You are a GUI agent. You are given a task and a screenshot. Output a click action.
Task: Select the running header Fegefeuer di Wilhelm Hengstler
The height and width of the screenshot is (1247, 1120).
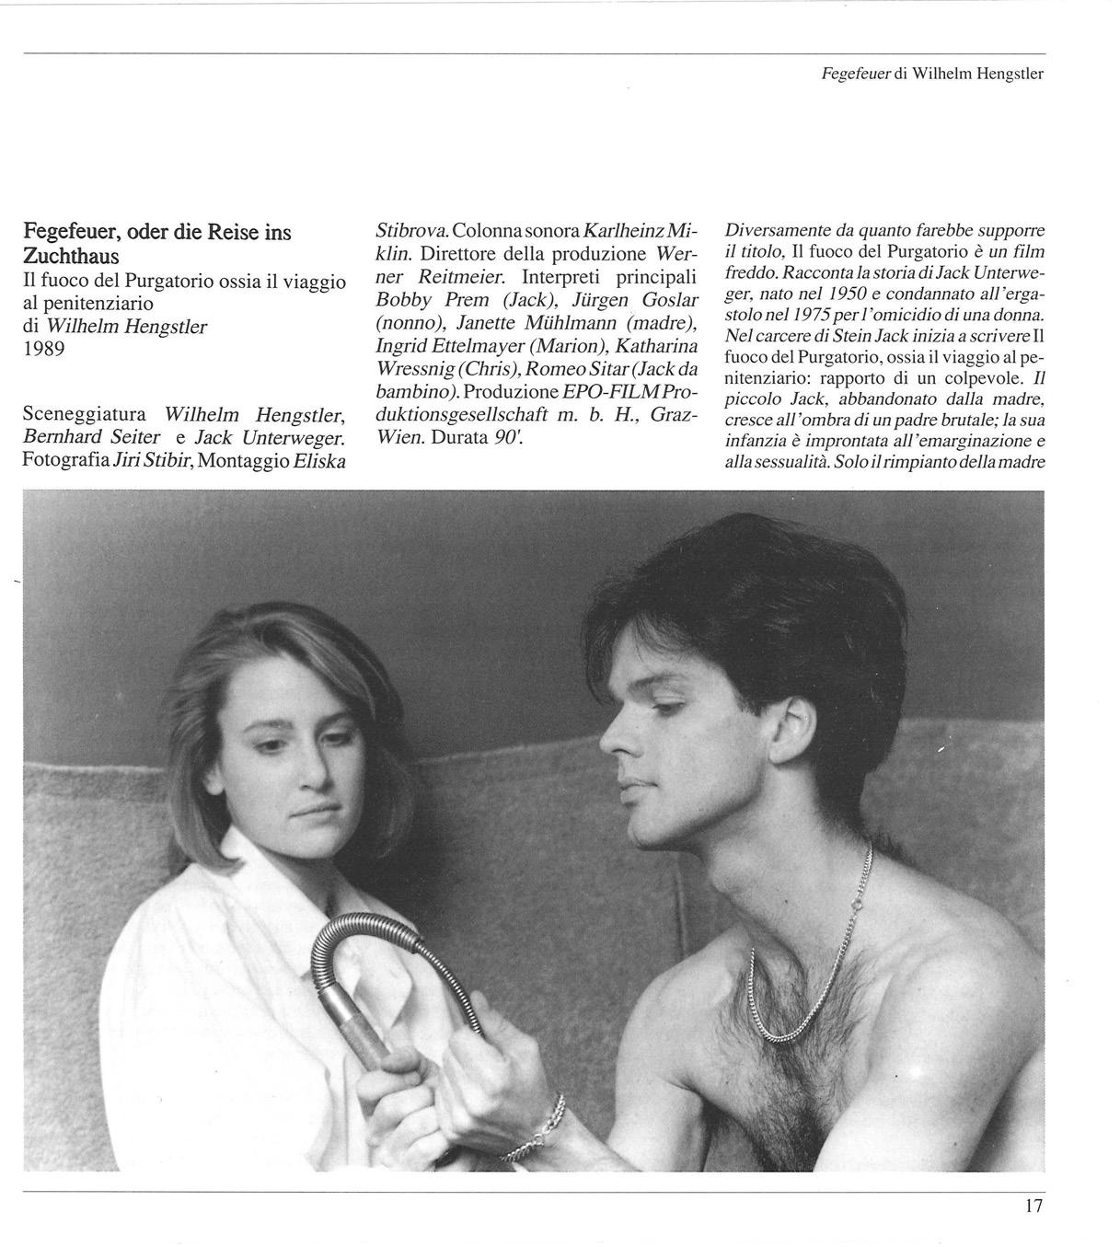tap(932, 74)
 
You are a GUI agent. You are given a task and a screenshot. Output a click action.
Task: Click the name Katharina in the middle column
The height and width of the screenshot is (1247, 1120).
tap(658, 347)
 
